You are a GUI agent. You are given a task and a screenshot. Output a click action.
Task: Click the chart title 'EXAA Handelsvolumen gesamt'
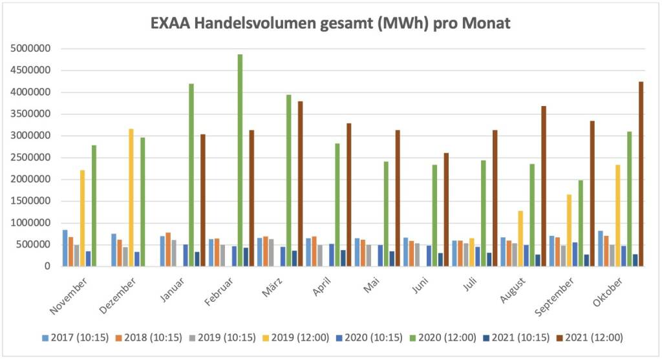pos(330,24)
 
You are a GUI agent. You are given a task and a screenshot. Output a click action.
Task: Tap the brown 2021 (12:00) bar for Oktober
pos(641,174)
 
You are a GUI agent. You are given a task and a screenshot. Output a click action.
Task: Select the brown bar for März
pos(301,184)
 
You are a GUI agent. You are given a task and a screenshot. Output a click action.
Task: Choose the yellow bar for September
pos(569,230)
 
